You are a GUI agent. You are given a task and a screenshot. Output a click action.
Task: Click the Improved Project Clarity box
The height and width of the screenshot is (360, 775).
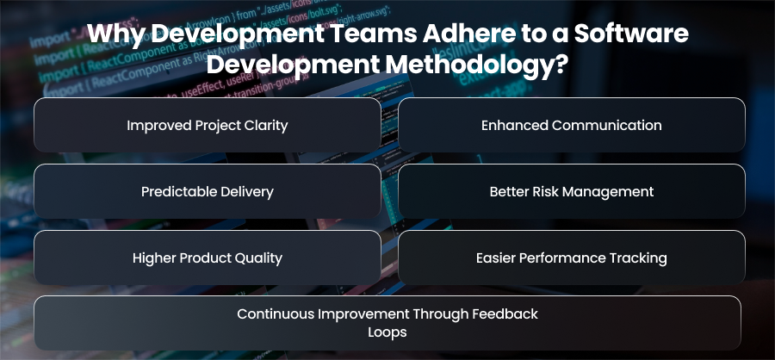click(207, 125)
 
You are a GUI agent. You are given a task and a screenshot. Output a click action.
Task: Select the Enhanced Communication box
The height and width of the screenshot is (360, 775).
click(572, 125)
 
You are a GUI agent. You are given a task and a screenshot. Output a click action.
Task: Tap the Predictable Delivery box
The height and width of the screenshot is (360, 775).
click(207, 191)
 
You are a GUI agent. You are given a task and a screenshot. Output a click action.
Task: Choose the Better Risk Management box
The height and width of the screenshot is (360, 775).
click(572, 191)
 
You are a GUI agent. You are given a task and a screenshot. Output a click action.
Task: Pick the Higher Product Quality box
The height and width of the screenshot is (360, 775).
click(207, 258)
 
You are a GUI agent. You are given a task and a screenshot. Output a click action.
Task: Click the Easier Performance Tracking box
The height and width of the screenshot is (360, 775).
click(572, 258)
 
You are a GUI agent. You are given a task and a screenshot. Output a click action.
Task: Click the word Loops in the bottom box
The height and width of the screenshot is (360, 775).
click(387, 332)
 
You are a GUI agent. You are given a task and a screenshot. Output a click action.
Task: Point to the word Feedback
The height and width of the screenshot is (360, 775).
click(505, 314)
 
